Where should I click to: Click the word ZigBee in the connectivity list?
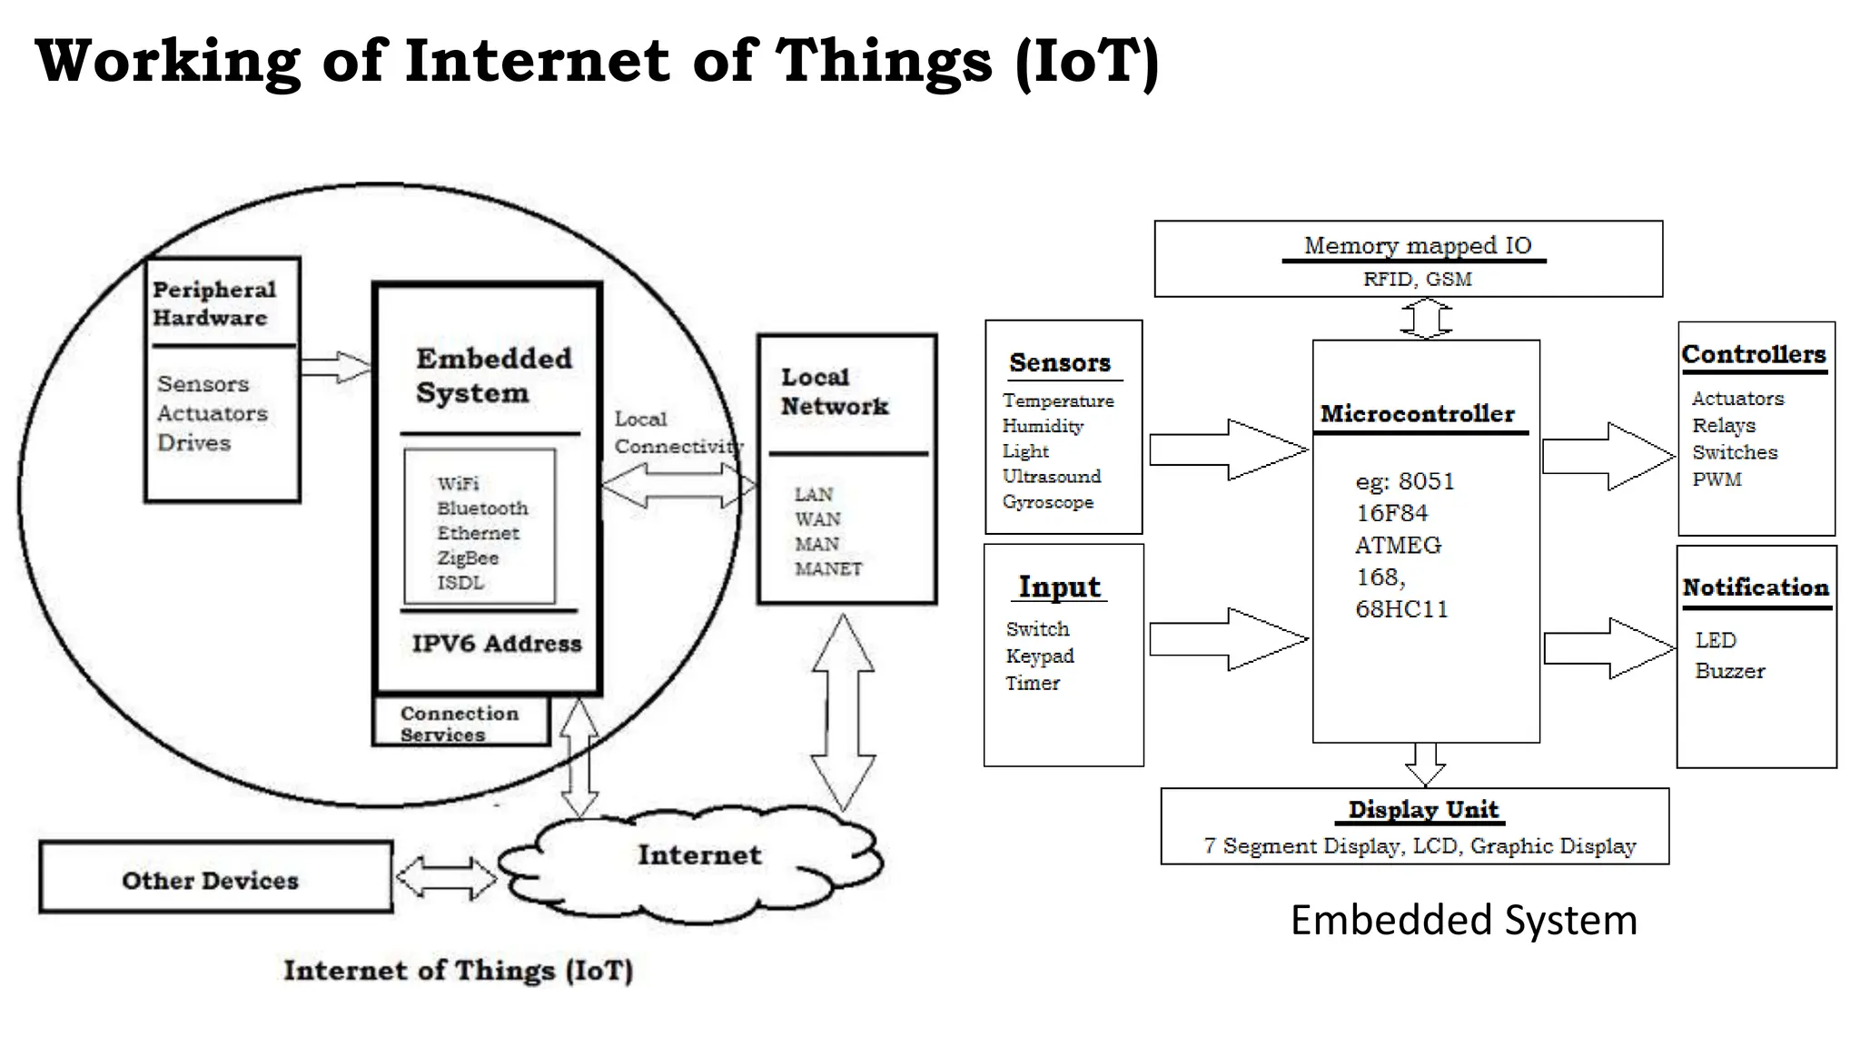[x=468, y=558]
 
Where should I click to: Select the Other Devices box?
[x=215, y=878]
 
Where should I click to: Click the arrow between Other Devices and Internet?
[x=446, y=878]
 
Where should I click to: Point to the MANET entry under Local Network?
[x=828, y=569]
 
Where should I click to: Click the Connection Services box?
[x=460, y=723]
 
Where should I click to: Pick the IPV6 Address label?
[x=496, y=644]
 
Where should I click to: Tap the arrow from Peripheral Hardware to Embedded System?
[x=336, y=367]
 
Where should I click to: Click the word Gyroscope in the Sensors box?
[x=1047, y=502]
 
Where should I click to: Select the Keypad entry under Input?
[x=1040, y=656]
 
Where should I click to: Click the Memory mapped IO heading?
[x=1417, y=246]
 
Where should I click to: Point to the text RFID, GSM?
[x=1417, y=280]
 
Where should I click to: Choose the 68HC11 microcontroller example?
[x=1401, y=609]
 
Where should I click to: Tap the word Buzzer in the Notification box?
[x=1729, y=672]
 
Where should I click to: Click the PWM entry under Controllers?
[x=1717, y=479]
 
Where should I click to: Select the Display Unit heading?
[x=1422, y=809]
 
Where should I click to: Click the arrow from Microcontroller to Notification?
[x=1608, y=648]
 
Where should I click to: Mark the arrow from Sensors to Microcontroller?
[x=1228, y=449]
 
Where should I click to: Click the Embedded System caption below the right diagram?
[x=1463, y=921]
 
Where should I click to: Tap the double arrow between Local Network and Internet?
[x=843, y=713]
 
